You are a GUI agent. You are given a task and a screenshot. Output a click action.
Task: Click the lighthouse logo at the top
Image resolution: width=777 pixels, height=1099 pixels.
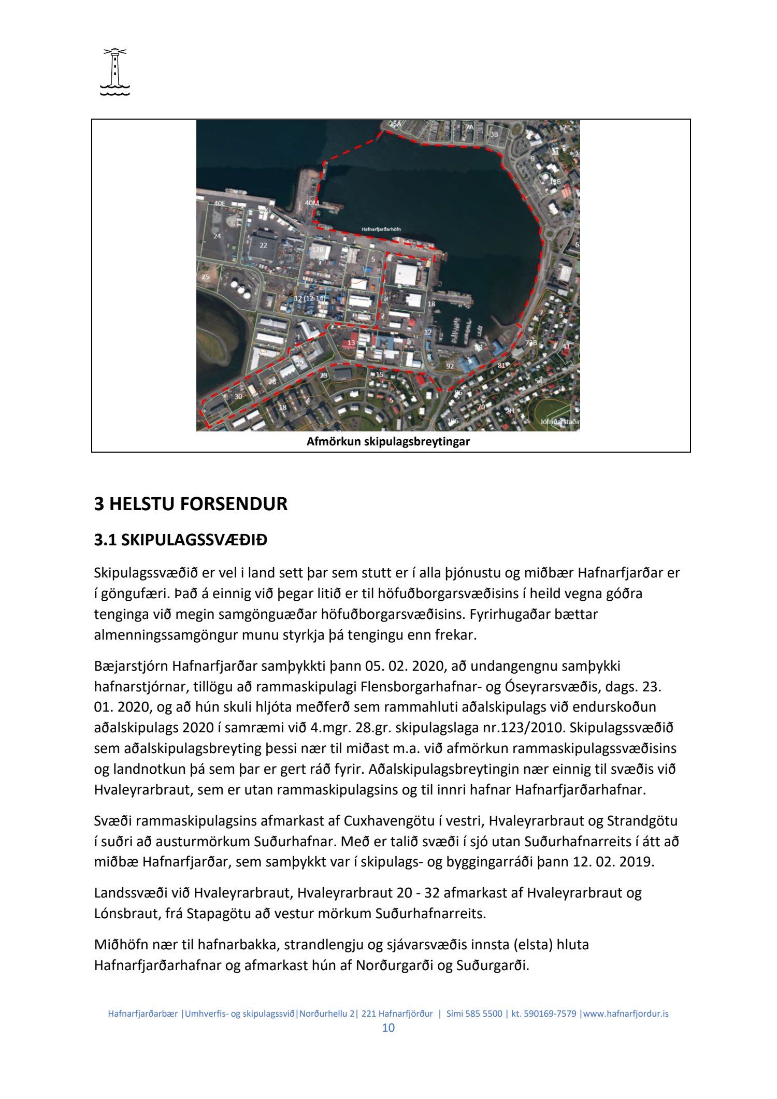point(114,73)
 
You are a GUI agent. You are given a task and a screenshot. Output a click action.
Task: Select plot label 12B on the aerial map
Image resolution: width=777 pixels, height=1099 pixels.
point(318,250)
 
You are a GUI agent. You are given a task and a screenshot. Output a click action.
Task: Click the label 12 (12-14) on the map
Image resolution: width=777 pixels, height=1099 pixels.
point(309,299)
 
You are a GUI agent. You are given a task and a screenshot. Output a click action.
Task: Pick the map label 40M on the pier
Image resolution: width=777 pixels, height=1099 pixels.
point(312,203)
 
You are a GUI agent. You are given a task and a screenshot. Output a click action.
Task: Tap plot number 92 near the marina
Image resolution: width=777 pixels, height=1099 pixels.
point(450,366)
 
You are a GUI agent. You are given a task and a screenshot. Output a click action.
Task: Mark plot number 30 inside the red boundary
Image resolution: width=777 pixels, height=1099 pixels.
point(238,396)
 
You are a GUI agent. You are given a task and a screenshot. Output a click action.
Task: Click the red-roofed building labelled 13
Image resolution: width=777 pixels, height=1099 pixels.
point(352,342)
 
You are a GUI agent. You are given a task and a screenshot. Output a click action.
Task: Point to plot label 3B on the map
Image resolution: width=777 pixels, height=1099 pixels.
point(494,134)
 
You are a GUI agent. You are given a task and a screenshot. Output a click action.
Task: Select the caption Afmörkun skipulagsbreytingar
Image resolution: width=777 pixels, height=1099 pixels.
point(388,442)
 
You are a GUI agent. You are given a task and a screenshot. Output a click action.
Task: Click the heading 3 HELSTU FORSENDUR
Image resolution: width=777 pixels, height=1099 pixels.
point(191,504)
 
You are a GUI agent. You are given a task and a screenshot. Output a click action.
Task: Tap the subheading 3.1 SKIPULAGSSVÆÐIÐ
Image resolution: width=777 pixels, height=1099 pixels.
point(181,541)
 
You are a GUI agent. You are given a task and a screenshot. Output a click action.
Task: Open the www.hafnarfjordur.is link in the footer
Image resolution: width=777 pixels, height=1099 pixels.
point(626,1014)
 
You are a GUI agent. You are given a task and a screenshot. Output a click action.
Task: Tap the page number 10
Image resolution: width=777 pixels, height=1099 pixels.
point(388,1028)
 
